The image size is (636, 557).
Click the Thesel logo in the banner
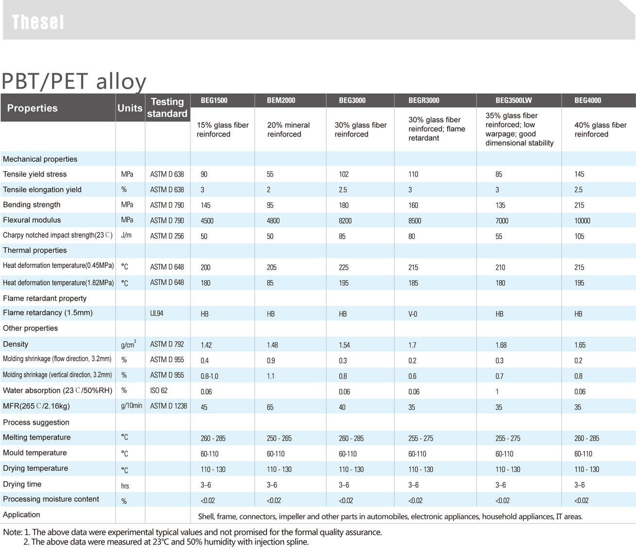coord(38,22)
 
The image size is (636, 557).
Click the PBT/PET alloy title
coord(74,81)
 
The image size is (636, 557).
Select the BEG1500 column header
coord(214,100)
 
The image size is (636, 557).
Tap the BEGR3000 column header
coord(423,100)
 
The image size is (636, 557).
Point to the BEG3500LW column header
coord(513,100)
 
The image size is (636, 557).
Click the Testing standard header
coord(167,107)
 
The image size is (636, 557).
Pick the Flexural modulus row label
coord(32,220)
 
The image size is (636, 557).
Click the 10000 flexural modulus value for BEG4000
coord(582,221)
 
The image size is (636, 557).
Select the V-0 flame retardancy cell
coord(413,314)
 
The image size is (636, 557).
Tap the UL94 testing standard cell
coord(157,313)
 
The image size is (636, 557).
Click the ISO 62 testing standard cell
coord(159,391)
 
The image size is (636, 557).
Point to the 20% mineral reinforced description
coord(288,130)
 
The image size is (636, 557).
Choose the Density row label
coord(16,344)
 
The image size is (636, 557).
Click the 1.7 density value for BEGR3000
coord(413,345)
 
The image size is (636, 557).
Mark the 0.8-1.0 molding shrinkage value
coord(209,376)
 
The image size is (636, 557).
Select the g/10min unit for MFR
coord(132,406)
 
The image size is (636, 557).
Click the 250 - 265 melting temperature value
coord(279,438)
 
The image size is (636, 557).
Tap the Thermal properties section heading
coord(35,250)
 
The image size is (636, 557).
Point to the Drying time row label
coord(22,484)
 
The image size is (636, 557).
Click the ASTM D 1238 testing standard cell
coord(168,406)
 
